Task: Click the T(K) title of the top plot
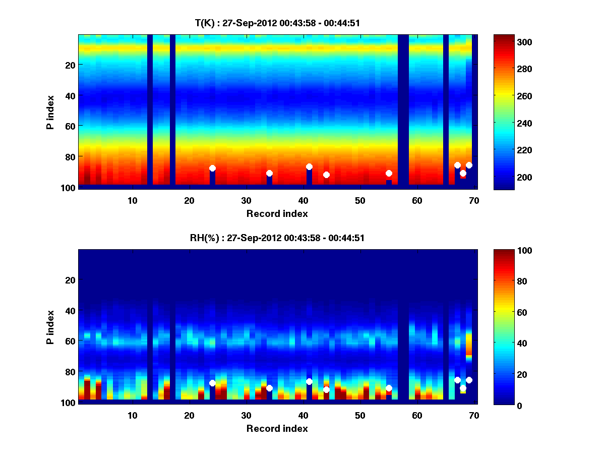coord(277,23)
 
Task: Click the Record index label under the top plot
coord(277,213)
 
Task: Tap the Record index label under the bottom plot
coord(277,428)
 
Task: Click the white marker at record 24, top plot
coord(212,168)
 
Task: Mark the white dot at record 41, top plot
coord(309,167)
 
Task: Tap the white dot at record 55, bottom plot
coord(389,388)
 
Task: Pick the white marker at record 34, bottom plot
coord(269,388)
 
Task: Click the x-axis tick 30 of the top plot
coord(246,200)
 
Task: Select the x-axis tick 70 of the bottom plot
coord(474,415)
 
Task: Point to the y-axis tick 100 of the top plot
coord(70,188)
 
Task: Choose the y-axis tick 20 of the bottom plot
coord(71,280)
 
